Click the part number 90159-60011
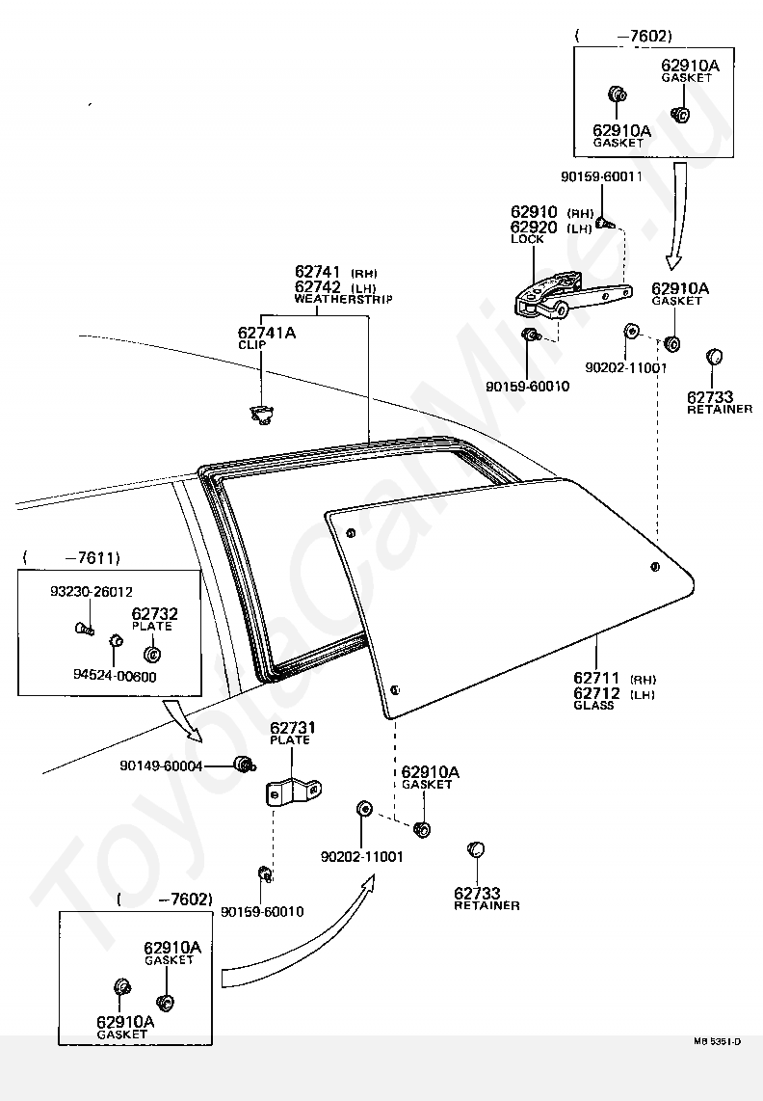coord(601,177)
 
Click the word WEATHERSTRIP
coord(343,299)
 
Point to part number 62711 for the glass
coord(596,679)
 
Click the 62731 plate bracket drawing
coord(294,792)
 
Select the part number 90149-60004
coord(161,766)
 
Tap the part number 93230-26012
coord(92,592)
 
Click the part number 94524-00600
coord(115,677)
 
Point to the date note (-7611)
coord(71,558)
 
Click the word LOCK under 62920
coord(527,239)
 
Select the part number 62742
coord(318,287)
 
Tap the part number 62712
coord(596,694)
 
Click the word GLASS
coord(593,706)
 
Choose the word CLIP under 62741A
coord(252,345)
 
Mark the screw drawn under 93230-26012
coord(84,628)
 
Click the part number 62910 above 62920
coord(534,212)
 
